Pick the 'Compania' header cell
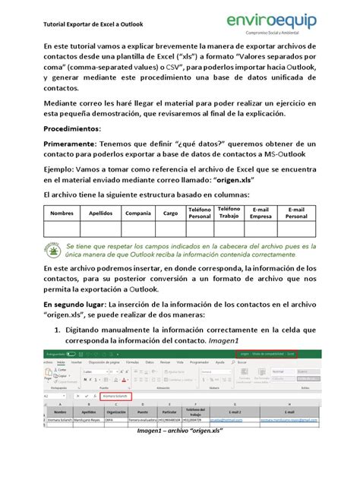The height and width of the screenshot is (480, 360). coord(137,213)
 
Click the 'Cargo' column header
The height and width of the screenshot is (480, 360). coord(170,213)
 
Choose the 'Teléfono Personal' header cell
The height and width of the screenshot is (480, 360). coord(200,213)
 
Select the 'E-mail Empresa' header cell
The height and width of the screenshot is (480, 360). coord(261,213)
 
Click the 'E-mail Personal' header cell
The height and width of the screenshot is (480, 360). coord(296,213)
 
